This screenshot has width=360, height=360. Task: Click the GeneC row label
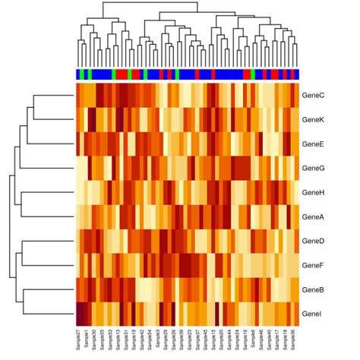click(313, 95)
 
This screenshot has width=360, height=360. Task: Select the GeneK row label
click(313, 119)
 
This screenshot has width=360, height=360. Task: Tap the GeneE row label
click(313, 144)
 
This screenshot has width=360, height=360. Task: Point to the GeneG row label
click(313, 168)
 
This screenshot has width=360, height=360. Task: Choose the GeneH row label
click(313, 192)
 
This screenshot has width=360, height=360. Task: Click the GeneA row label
click(313, 216)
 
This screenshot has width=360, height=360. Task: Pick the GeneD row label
click(313, 241)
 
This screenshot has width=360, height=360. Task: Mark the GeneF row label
click(313, 265)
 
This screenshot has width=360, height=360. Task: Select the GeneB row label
click(313, 289)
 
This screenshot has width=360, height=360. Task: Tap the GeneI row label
click(311, 314)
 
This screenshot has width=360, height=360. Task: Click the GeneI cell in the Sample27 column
click(78, 314)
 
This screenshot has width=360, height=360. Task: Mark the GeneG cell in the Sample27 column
click(78, 168)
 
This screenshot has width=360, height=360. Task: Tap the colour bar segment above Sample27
click(78, 74)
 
